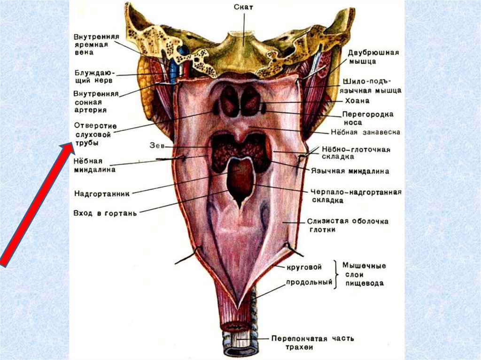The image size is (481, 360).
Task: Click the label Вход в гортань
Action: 104,214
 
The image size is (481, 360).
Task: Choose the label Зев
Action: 157,146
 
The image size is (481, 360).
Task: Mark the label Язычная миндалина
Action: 349,171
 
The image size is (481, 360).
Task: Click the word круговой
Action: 304,267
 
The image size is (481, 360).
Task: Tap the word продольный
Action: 310,282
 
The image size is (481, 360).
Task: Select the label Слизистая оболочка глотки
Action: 348,225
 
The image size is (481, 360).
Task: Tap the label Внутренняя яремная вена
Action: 97,45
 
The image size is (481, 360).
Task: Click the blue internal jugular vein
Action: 173,70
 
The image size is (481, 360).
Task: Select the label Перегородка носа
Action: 367,118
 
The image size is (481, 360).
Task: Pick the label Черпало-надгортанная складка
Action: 355,196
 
